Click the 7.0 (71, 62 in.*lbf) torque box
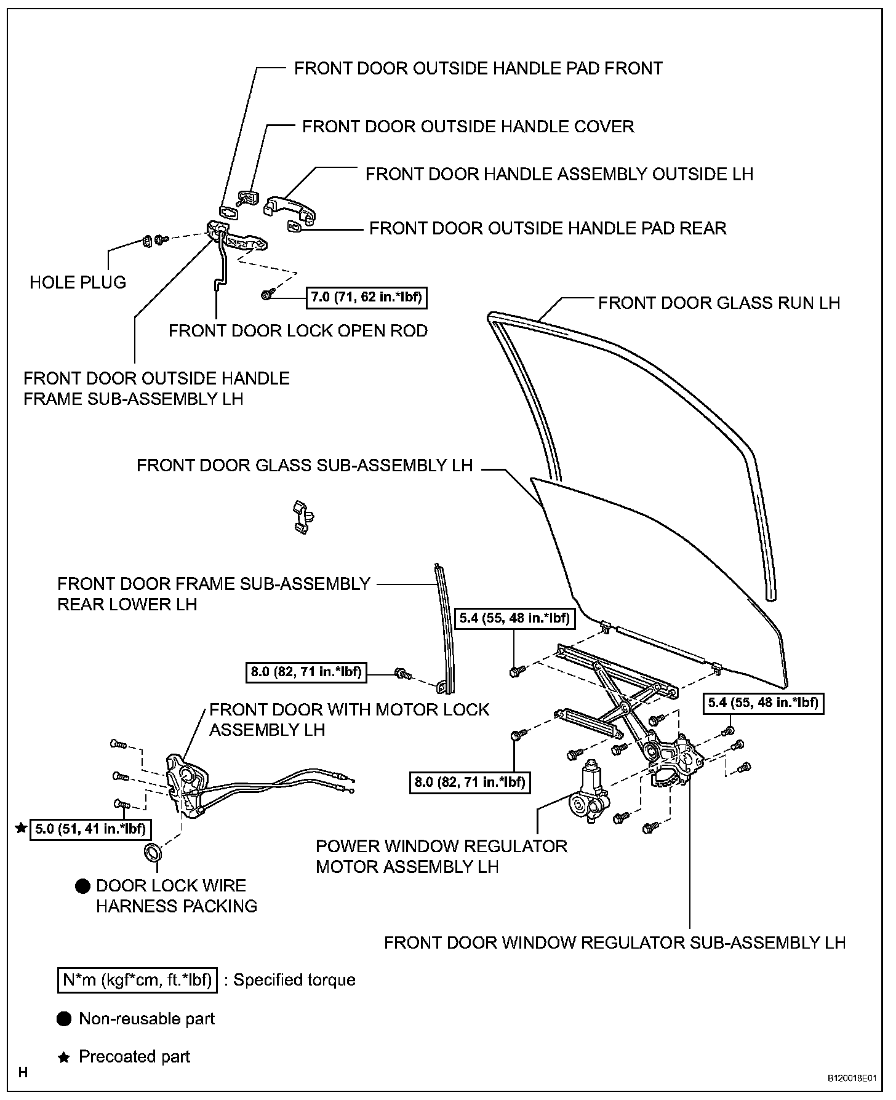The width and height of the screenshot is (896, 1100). (367, 298)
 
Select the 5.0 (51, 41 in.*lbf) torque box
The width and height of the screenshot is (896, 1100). (90, 829)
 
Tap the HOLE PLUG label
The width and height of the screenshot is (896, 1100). (78, 282)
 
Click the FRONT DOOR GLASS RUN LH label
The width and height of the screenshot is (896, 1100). (719, 303)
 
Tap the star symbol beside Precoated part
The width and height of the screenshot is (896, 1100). (63, 1058)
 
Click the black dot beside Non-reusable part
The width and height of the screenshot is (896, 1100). (64, 1019)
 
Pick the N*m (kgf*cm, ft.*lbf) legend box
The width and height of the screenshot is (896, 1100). (137, 980)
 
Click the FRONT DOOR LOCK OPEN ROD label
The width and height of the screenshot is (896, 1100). (298, 331)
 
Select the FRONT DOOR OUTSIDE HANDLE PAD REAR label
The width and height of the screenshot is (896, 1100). (548, 228)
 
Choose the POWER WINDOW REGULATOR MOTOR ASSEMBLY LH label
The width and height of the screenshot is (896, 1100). (441, 856)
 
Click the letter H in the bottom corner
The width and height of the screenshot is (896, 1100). (24, 1073)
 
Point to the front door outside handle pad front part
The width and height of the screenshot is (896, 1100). (229, 212)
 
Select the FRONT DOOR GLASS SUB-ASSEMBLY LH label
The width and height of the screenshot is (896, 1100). (305, 465)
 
